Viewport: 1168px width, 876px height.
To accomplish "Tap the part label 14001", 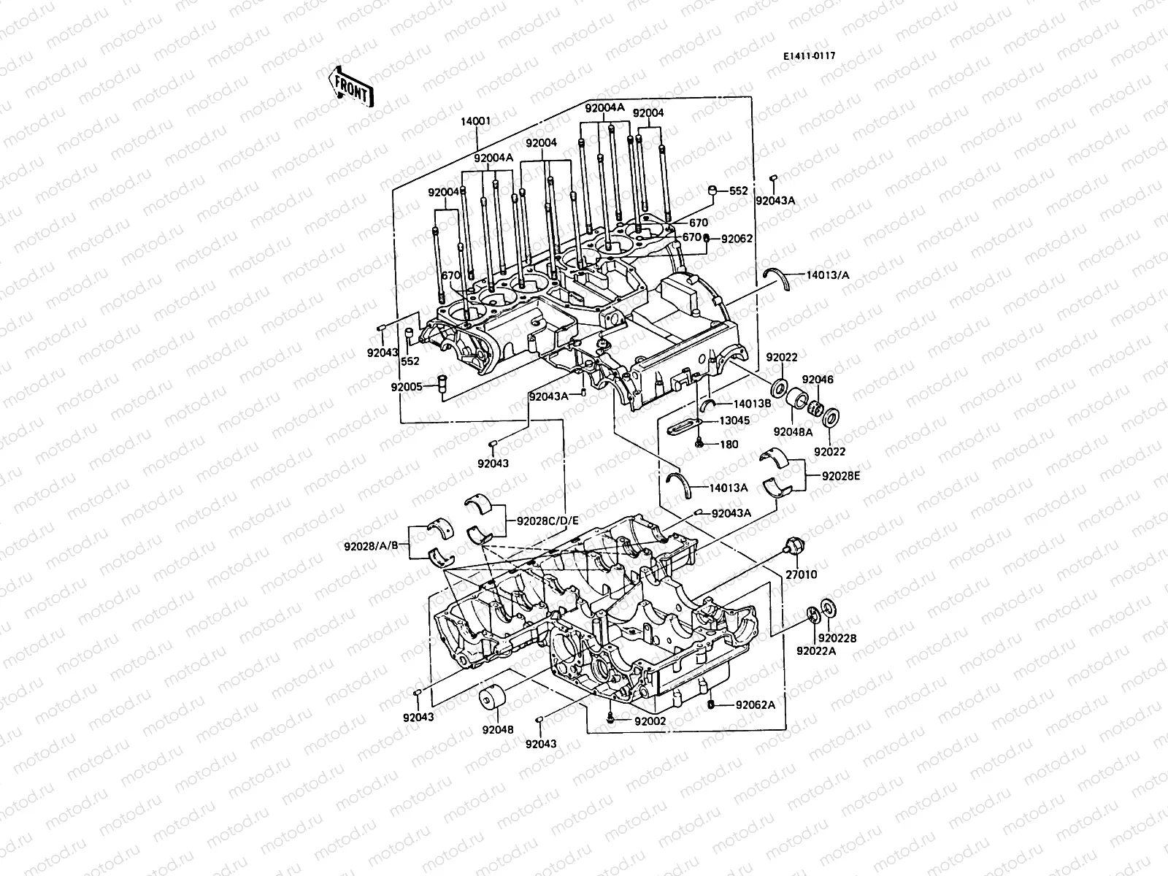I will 475,121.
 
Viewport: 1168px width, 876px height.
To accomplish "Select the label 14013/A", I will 828,275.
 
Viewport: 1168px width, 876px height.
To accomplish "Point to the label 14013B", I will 751,403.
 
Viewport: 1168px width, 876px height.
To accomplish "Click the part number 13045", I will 734,420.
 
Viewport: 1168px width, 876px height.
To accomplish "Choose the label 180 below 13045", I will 729,444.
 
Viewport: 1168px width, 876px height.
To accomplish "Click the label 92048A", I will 794,431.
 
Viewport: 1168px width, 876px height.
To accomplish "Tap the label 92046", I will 818,380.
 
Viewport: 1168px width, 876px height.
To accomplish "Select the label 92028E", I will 841,475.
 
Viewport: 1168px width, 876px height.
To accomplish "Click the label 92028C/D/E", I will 547,521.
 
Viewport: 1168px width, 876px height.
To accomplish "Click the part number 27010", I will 802,575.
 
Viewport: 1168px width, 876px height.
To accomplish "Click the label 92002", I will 650,721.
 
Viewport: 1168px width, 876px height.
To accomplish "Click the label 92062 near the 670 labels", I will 737,238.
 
